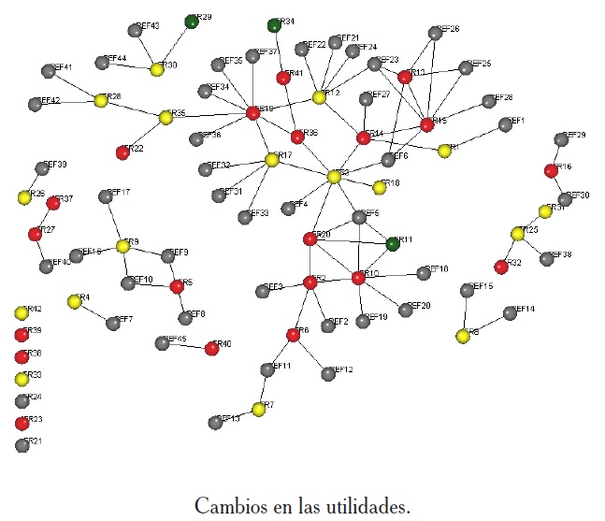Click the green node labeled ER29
click(x=192, y=21)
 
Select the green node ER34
click(x=274, y=24)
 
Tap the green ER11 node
click(x=394, y=244)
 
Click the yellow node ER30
click(x=157, y=68)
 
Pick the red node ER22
click(x=122, y=152)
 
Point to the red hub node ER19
click(x=252, y=113)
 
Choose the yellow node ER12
click(x=319, y=96)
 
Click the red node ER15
click(x=427, y=124)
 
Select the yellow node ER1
click(x=444, y=150)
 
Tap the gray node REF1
click(x=505, y=124)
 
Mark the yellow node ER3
click(x=334, y=176)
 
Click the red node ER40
click(x=211, y=348)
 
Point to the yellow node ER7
click(x=258, y=409)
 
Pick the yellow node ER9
click(x=122, y=245)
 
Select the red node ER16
click(x=552, y=170)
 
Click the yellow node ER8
click(x=462, y=335)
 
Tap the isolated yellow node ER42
click(x=22, y=312)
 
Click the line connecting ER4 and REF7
click(x=94, y=311)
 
